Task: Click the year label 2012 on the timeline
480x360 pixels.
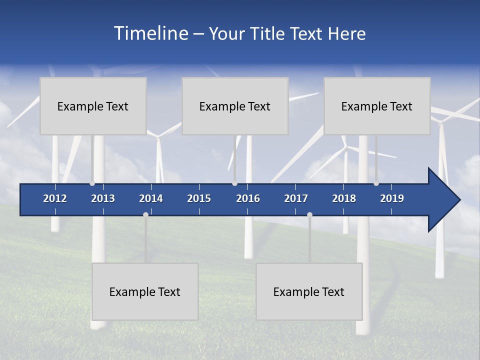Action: [x=55, y=198]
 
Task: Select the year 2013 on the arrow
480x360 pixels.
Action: [x=103, y=198]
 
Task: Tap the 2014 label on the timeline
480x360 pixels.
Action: [x=151, y=198]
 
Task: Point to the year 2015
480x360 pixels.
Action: [x=199, y=198]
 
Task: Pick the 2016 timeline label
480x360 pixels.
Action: [x=248, y=198]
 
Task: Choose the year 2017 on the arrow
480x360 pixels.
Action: [x=296, y=198]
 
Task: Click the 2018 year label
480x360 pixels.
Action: [x=344, y=198]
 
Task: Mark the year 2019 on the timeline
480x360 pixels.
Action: [x=392, y=198]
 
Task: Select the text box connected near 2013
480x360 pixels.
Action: [x=93, y=106]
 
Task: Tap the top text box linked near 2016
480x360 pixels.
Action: [x=235, y=106]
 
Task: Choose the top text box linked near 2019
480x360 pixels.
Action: [x=377, y=106]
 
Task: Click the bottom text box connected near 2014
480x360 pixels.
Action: [x=145, y=291]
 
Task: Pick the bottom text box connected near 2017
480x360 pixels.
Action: [x=309, y=291]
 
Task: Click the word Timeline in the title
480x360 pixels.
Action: [x=150, y=33]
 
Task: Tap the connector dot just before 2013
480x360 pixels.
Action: [x=92, y=183]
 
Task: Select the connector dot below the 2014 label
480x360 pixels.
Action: [x=145, y=214]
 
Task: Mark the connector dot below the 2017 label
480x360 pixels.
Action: [x=309, y=214]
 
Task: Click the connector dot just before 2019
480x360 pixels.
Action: [x=376, y=183]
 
